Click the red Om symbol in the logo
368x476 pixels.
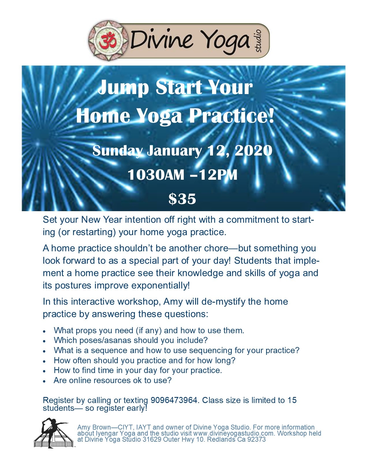[x=108, y=40]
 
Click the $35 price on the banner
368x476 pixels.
[x=182, y=199]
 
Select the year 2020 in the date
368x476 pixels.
[x=254, y=151]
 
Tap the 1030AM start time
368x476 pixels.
[x=156, y=175]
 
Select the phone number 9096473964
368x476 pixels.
[x=174, y=400]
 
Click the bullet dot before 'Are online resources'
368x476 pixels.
[x=44, y=381]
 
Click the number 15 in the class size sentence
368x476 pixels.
[x=292, y=400]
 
